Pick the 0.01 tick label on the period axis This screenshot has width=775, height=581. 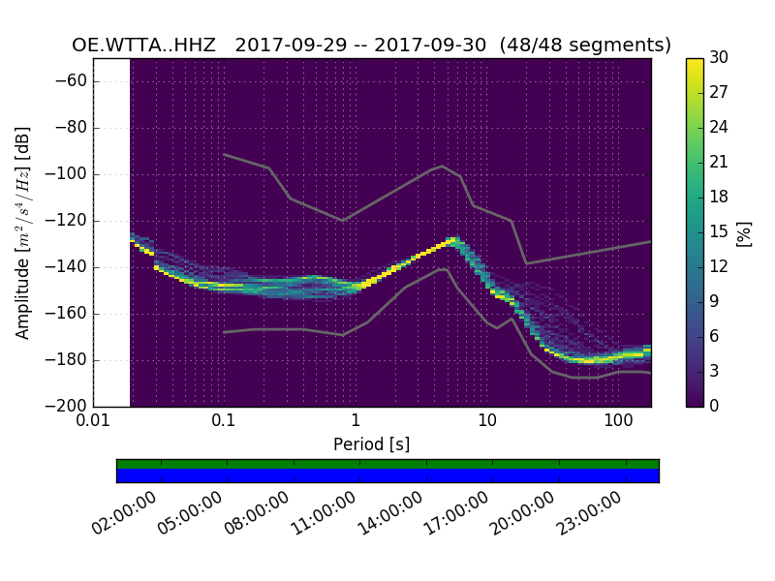click(x=93, y=421)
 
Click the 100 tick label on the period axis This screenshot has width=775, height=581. click(x=618, y=421)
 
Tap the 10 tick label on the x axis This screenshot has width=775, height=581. click(x=487, y=421)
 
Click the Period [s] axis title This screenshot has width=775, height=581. click(x=371, y=444)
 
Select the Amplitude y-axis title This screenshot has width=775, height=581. click(x=23, y=232)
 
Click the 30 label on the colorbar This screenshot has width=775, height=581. click(x=720, y=58)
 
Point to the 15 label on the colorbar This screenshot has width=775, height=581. click(x=720, y=231)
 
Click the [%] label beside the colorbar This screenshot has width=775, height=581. click(x=744, y=232)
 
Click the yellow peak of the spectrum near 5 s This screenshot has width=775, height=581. click(x=450, y=239)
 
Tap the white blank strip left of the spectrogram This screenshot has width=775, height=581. click(x=111, y=232)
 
